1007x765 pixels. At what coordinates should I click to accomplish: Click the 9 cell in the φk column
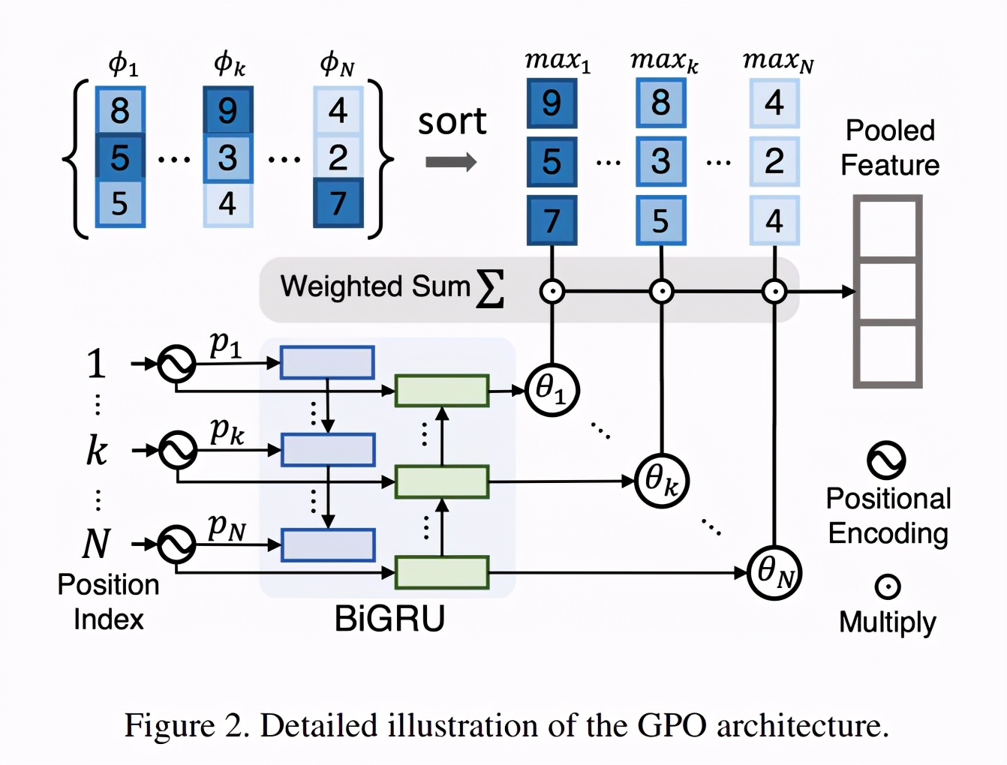[227, 111]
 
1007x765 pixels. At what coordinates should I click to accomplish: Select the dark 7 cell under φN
[338, 202]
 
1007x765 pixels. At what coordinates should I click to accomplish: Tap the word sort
[452, 121]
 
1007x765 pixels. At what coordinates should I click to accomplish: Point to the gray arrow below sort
[451, 161]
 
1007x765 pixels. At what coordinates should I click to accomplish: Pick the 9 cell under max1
[552, 103]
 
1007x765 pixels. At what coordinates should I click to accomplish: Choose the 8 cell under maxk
[660, 103]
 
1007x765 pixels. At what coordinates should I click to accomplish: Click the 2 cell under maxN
[774, 161]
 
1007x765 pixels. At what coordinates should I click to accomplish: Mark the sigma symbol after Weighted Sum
[490, 289]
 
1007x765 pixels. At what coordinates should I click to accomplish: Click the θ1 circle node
[552, 389]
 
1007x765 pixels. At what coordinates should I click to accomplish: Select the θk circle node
[661, 481]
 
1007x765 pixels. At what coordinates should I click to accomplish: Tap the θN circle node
[774, 573]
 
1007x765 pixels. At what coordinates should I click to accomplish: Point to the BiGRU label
[389, 619]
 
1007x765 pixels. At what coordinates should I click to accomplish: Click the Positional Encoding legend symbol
[886, 460]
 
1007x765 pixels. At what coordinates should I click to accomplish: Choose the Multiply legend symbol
[887, 586]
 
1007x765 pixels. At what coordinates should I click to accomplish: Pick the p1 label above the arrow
[225, 344]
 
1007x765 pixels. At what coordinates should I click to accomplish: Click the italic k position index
[97, 450]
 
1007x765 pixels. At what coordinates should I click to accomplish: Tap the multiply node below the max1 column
[552, 291]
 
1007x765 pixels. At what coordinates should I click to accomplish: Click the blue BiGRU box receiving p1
[327, 363]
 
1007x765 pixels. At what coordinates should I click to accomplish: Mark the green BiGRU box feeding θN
[442, 573]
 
